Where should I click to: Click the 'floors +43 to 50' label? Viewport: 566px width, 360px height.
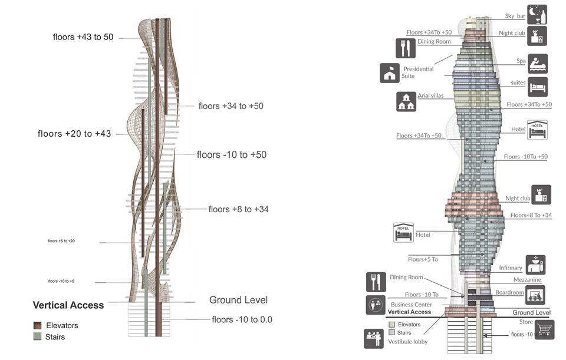pos(83,37)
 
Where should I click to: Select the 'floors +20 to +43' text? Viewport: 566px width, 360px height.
pos(74,134)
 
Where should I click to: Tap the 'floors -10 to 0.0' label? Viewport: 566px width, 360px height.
pos(242,320)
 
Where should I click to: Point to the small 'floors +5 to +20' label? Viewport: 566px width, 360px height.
pos(61,242)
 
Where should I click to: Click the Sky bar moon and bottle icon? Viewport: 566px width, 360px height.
pos(537,14)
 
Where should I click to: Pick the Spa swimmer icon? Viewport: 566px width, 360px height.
pos(537,64)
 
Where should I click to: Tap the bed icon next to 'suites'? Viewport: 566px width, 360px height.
pos(537,87)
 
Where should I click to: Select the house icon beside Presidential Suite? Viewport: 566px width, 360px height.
pos(390,72)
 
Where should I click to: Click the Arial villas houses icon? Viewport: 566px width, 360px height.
pos(406,101)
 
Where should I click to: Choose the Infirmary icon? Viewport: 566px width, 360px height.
pos(535,265)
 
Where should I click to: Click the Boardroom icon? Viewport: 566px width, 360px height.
pos(535,295)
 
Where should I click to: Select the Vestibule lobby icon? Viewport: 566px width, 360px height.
pos(375,338)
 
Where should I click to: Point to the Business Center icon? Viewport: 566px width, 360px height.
pos(375,305)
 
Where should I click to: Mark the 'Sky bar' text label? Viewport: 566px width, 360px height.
pos(515,16)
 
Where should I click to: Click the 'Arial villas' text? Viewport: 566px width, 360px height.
pos(430,95)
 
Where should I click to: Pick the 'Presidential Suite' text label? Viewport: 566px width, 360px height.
pos(418,72)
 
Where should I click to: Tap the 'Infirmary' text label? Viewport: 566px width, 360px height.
pos(511,268)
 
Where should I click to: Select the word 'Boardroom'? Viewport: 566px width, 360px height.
pos(509,292)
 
